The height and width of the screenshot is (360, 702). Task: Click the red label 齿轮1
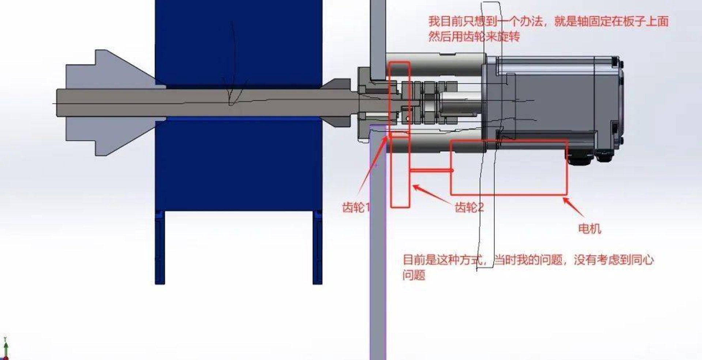pyautogui.click(x=356, y=207)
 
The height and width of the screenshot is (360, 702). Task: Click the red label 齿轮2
pyautogui.click(x=469, y=207)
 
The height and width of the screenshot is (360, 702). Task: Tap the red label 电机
pyautogui.click(x=589, y=229)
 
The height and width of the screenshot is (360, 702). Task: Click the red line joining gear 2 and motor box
pyautogui.click(x=430, y=170)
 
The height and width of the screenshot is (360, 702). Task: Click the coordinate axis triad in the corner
pyautogui.click(x=5, y=348)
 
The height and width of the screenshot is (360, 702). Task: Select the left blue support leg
pyautogui.click(x=160, y=247)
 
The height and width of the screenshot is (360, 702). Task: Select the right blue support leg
pyautogui.click(x=317, y=247)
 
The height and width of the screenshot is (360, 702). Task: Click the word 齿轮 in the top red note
pyautogui.click(x=474, y=37)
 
